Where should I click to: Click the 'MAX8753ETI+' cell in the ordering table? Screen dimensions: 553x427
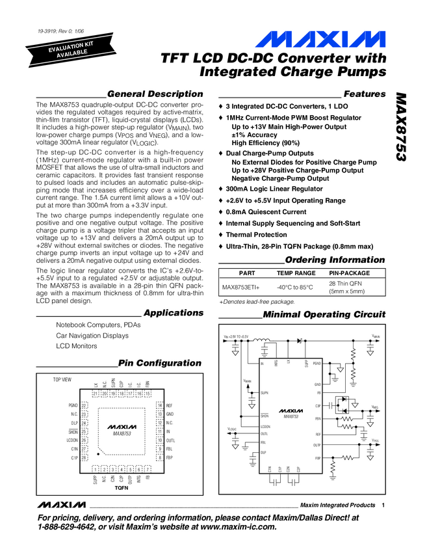click(x=241, y=287)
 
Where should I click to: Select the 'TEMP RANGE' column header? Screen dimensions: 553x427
click(x=296, y=274)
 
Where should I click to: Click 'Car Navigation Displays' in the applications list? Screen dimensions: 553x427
click(x=92, y=336)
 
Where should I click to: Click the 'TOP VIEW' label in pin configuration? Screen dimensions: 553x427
click(x=62, y=379)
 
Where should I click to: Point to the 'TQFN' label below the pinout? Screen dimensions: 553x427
click(x=122, y=487)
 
